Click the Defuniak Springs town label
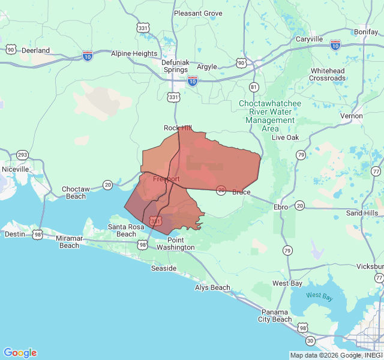coord(176,65)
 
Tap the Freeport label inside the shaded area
coord(166,179)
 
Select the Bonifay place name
coord(366,31)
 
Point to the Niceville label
coord(15,169)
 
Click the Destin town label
coord(14,235)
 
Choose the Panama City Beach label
coord(275,316)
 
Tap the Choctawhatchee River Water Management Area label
coord(270,116)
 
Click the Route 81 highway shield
coord(254,87)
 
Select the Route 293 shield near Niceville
coord(22,155)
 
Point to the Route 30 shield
coord(310,340)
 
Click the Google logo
coord(20,353)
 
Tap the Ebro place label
coord(281,206)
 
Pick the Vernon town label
coord(351,116)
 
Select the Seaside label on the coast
coord(163,268)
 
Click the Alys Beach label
coord(212,287)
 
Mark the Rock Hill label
coord(178,128)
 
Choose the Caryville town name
coord(310,40)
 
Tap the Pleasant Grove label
coord(198,13)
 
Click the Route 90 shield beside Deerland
coord(11,49)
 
